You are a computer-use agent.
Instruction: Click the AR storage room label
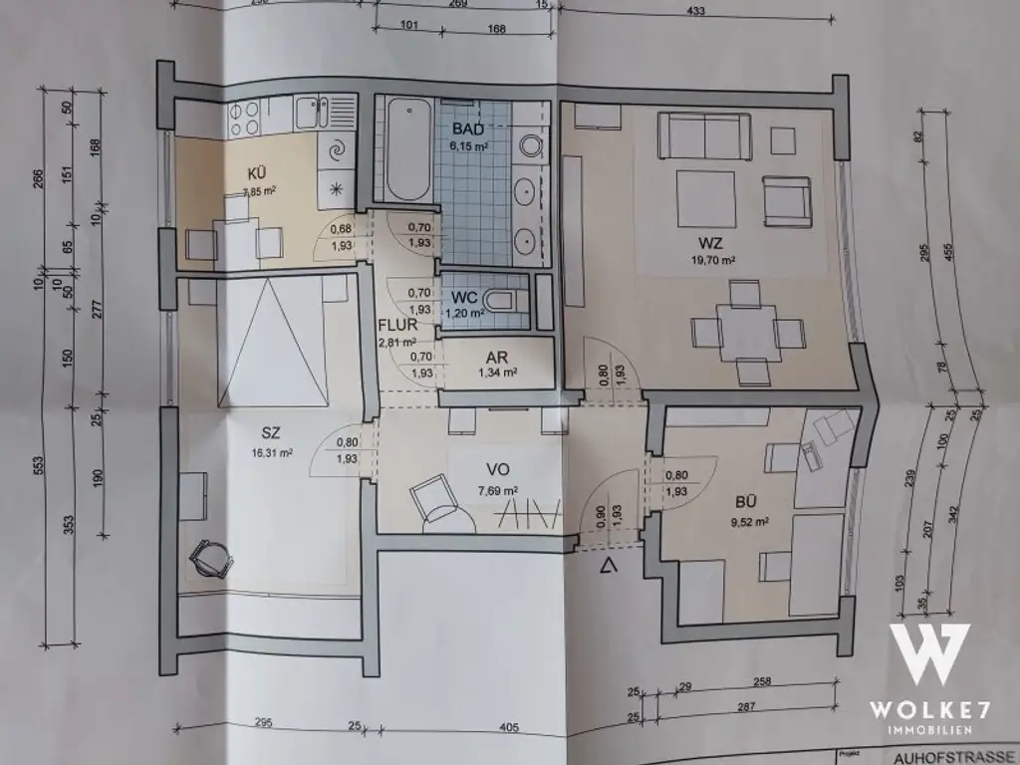pyautogui.click(x=498, y=357)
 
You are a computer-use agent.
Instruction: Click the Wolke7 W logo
pyautogui.click(x=928, y=652)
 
